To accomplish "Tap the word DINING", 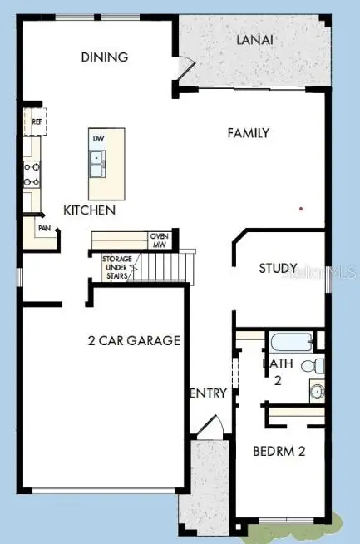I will point(104,57).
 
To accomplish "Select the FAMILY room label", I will point(249,132).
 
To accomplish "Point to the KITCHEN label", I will point(89,210).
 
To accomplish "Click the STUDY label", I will point(278,268).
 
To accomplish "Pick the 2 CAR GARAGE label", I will point(134,340).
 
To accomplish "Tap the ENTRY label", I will point(208,393).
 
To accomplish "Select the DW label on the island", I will point(98,138).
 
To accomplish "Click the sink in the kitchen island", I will point(98,162).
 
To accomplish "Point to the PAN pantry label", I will point(43,227).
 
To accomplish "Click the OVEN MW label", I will point(159,240).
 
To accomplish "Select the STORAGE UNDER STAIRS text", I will point(116,266).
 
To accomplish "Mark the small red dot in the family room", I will point(301,208).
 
